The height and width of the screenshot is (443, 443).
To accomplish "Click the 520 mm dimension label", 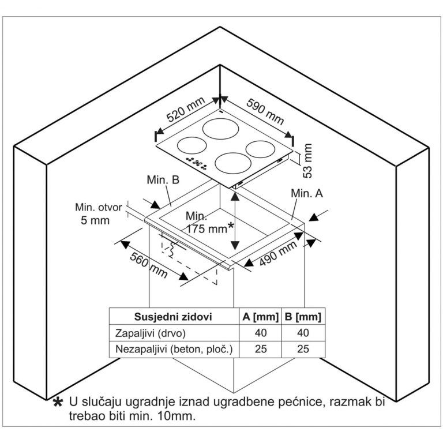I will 186,110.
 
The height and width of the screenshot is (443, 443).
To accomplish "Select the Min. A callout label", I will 307,194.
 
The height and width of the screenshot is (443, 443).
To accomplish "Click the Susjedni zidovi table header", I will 173,317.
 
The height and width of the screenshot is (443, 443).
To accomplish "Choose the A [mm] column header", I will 258,317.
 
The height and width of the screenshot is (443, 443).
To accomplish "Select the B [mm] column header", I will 302,317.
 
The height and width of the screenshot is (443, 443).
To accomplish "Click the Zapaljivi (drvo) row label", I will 152,333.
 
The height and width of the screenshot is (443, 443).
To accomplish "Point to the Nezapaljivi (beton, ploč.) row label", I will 174,349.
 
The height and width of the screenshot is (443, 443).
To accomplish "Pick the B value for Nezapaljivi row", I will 302,349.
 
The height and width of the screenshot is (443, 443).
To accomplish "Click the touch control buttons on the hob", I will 196,163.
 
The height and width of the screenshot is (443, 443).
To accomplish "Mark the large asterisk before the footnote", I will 58,403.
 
